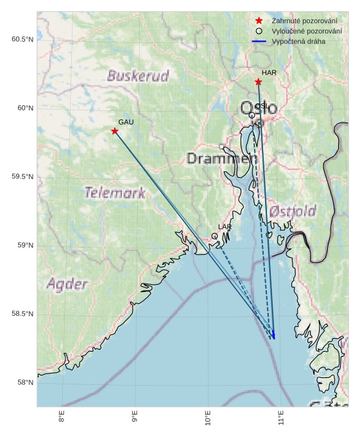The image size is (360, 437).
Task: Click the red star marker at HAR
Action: tap(258, 81)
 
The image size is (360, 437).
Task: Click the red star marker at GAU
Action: tap(115, 131)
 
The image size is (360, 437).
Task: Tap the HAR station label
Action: tap(269, 73)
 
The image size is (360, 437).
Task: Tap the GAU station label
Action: tap(126, 122)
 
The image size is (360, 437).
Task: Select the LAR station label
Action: tap(225, 227)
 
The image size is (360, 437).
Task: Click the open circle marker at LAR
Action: tap(215, 236)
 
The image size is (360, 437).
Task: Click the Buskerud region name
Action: tap(138, 76)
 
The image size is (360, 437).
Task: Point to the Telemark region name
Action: tap(115, 192)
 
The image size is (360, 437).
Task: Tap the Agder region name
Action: tap(67, 283)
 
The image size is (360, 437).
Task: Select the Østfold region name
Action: tap(293, 211)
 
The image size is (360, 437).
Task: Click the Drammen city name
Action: tap(218, 158)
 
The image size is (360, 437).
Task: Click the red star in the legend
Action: tap(259, 21)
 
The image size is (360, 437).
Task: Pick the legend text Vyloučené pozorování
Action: tap(306, 31)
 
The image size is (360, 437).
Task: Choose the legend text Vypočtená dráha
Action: tap(298, 41)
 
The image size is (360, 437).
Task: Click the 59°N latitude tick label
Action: tap(24, 246)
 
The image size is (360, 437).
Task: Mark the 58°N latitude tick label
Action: tap(24, 383)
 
